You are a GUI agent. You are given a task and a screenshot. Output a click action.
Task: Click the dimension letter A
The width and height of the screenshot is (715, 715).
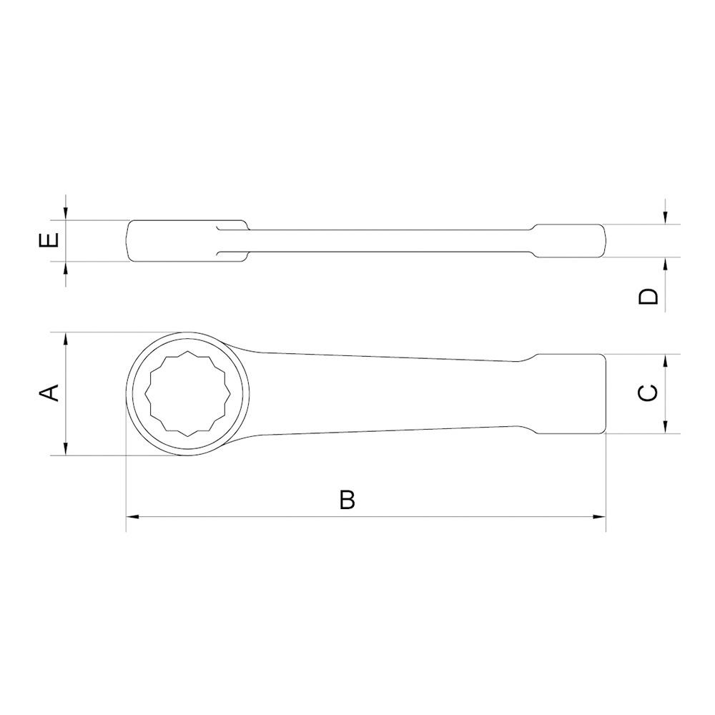coord(50,393)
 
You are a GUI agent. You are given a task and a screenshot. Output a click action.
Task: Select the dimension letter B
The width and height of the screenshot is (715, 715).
coord(347,500)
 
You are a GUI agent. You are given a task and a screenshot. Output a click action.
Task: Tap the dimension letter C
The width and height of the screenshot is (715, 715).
coord(648,393)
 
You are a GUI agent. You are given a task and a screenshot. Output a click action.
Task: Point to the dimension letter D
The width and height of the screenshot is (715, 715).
coord(649,297)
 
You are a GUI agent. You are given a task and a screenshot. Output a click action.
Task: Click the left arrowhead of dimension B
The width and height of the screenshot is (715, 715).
coord(132,517)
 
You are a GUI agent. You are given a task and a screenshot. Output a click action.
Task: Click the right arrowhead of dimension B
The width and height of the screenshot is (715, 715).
coord(599,517)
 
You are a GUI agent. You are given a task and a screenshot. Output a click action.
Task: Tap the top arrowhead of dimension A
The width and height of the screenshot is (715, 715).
coord(66,339)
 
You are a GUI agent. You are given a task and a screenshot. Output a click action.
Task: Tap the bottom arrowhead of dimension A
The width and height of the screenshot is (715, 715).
coord(66,448)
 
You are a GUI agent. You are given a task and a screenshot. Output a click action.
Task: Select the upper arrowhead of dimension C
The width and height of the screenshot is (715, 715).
coord(665,361)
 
